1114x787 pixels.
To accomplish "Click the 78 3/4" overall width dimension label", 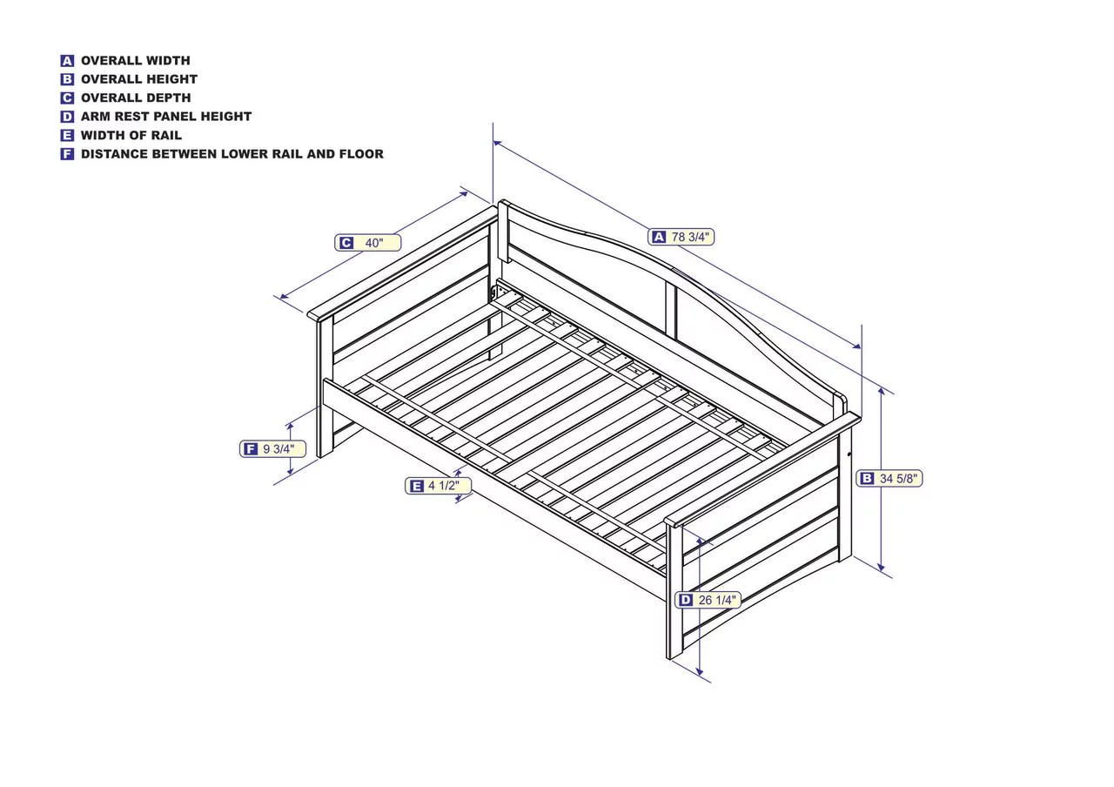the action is coord(681,238).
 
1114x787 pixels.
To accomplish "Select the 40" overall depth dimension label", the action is coord(367,243).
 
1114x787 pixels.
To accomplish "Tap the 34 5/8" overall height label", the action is coord(889,479).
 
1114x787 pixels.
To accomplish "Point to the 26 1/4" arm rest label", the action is coord(708,600).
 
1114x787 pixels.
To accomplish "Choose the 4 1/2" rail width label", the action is coord(438,486).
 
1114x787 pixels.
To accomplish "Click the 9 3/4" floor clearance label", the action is coord(272,449).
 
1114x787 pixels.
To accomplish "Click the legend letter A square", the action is coord(67,61).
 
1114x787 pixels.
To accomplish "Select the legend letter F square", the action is coord(67,154).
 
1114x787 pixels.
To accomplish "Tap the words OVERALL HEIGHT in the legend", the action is coord(139,79).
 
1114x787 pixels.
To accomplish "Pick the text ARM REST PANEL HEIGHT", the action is coord(166,117).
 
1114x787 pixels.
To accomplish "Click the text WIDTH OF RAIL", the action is coord(131,135).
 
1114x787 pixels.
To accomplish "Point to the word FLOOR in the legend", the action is coord(361,154).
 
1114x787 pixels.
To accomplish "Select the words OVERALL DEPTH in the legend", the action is coord(136,98).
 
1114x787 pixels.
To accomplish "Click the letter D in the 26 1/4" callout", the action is coord(686,600).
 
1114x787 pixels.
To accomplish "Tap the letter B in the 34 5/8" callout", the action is coord(867,479).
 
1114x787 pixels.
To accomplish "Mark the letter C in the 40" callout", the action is coord(346,243).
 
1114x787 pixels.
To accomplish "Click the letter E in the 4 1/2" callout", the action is coord(416,486).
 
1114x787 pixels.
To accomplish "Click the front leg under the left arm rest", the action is coord(325,388).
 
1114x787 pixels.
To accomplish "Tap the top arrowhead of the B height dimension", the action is coord(882,391).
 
